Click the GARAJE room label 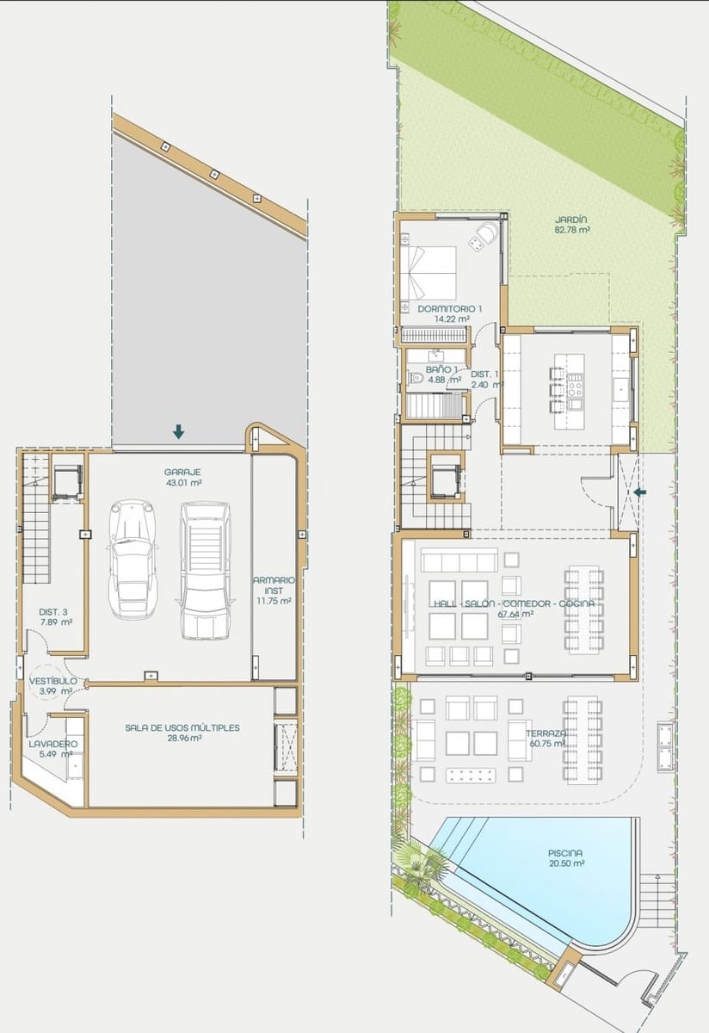182,472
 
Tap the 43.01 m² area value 182,483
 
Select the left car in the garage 133,559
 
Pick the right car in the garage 204,570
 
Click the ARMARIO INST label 274,585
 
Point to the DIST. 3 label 55,612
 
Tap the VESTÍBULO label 52,680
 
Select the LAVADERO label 53,743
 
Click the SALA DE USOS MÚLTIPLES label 182,727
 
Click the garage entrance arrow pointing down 178,431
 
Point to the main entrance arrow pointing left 640,492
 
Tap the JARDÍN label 571,219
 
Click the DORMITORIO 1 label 450,308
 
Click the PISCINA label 566,853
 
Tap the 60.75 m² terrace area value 547,743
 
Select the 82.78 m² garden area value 571,230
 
